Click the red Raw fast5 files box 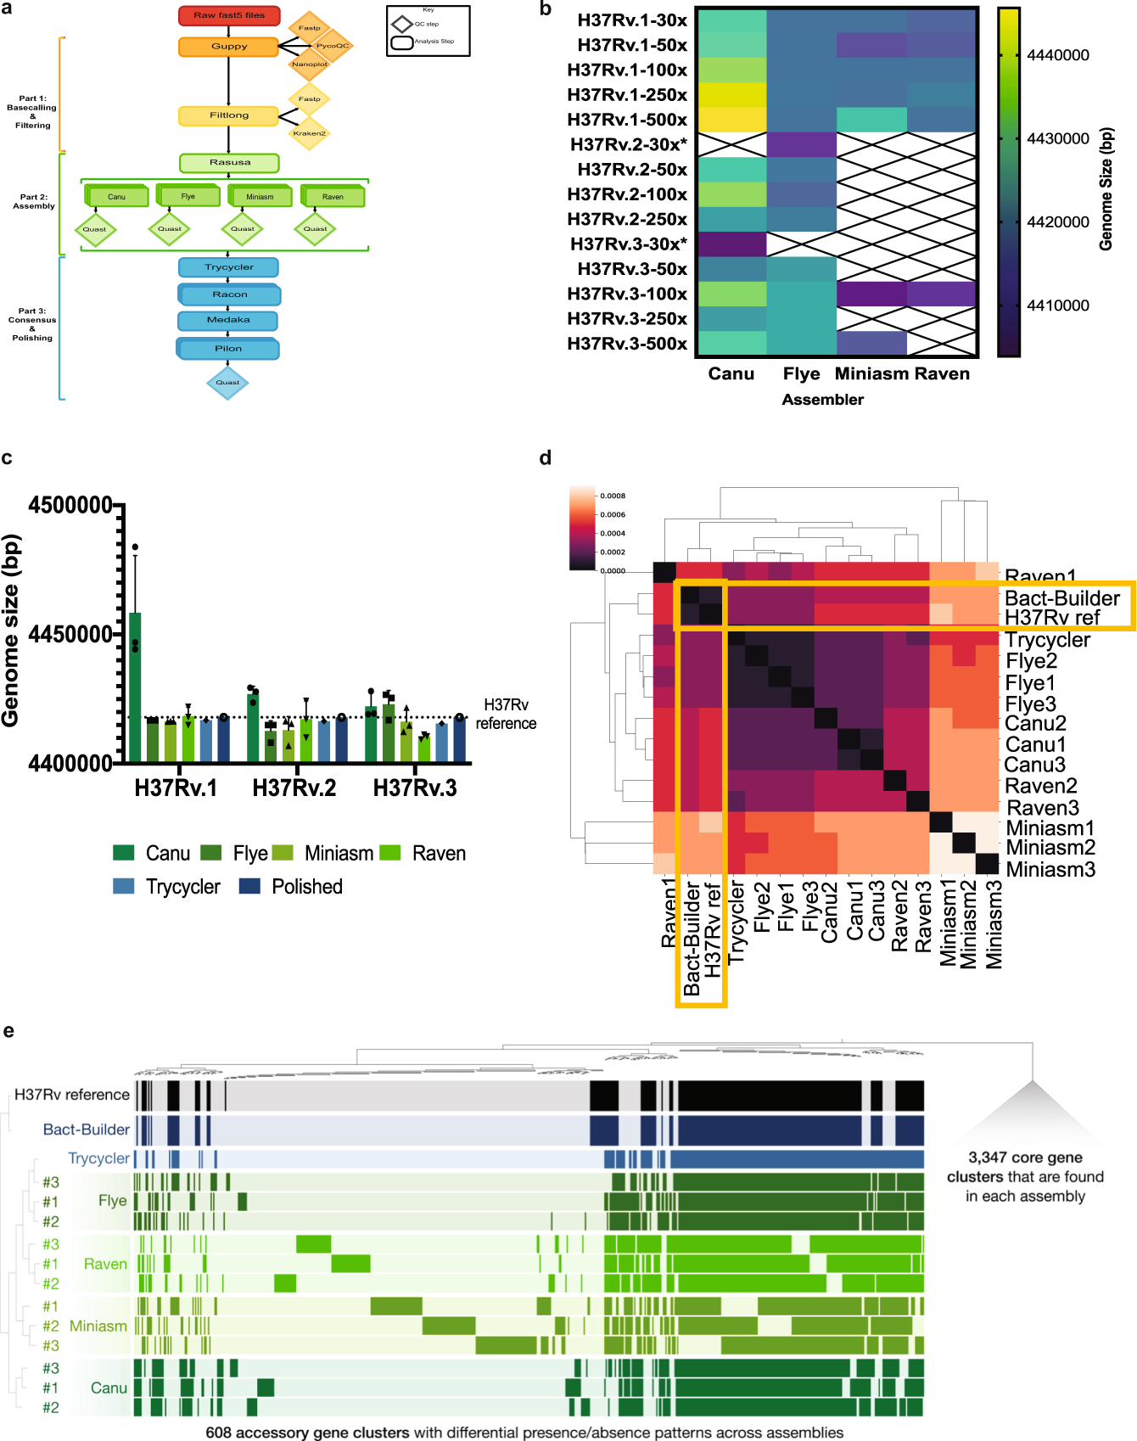pyautogui.click(x=229, y=15)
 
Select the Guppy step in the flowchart pyautogui.click(x=229, y=47)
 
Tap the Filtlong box pyautogui.click(x=229, y=115)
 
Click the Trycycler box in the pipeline pyautogui.click(x=229, y=267)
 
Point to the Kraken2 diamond pyautogui.click(x=309, y=133)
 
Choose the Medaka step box pyautogui.click(x=228, y=321)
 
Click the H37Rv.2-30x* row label pyautogui.click(x=629, y=144)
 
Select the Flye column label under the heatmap pyautogui.click(x=801, y=374)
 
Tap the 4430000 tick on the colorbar pyautogui.click(x=1057, y=138)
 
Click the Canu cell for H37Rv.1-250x pyautogui.click(x=731, y=95)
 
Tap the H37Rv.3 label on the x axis pyautogui.click(x=415, y=788)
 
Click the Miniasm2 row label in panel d pyautogui.click(x=1050, y=848)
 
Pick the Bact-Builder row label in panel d pyautogui.click(x=1061, y=598)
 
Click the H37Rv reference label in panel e pyautogui.click(x=72, y=1095)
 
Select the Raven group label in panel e pyautogui.click(x=105, y=1264)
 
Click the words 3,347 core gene pyautogui.click(x=1025, y=1158)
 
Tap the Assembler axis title pyautogui.click(x=822, y=400)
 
